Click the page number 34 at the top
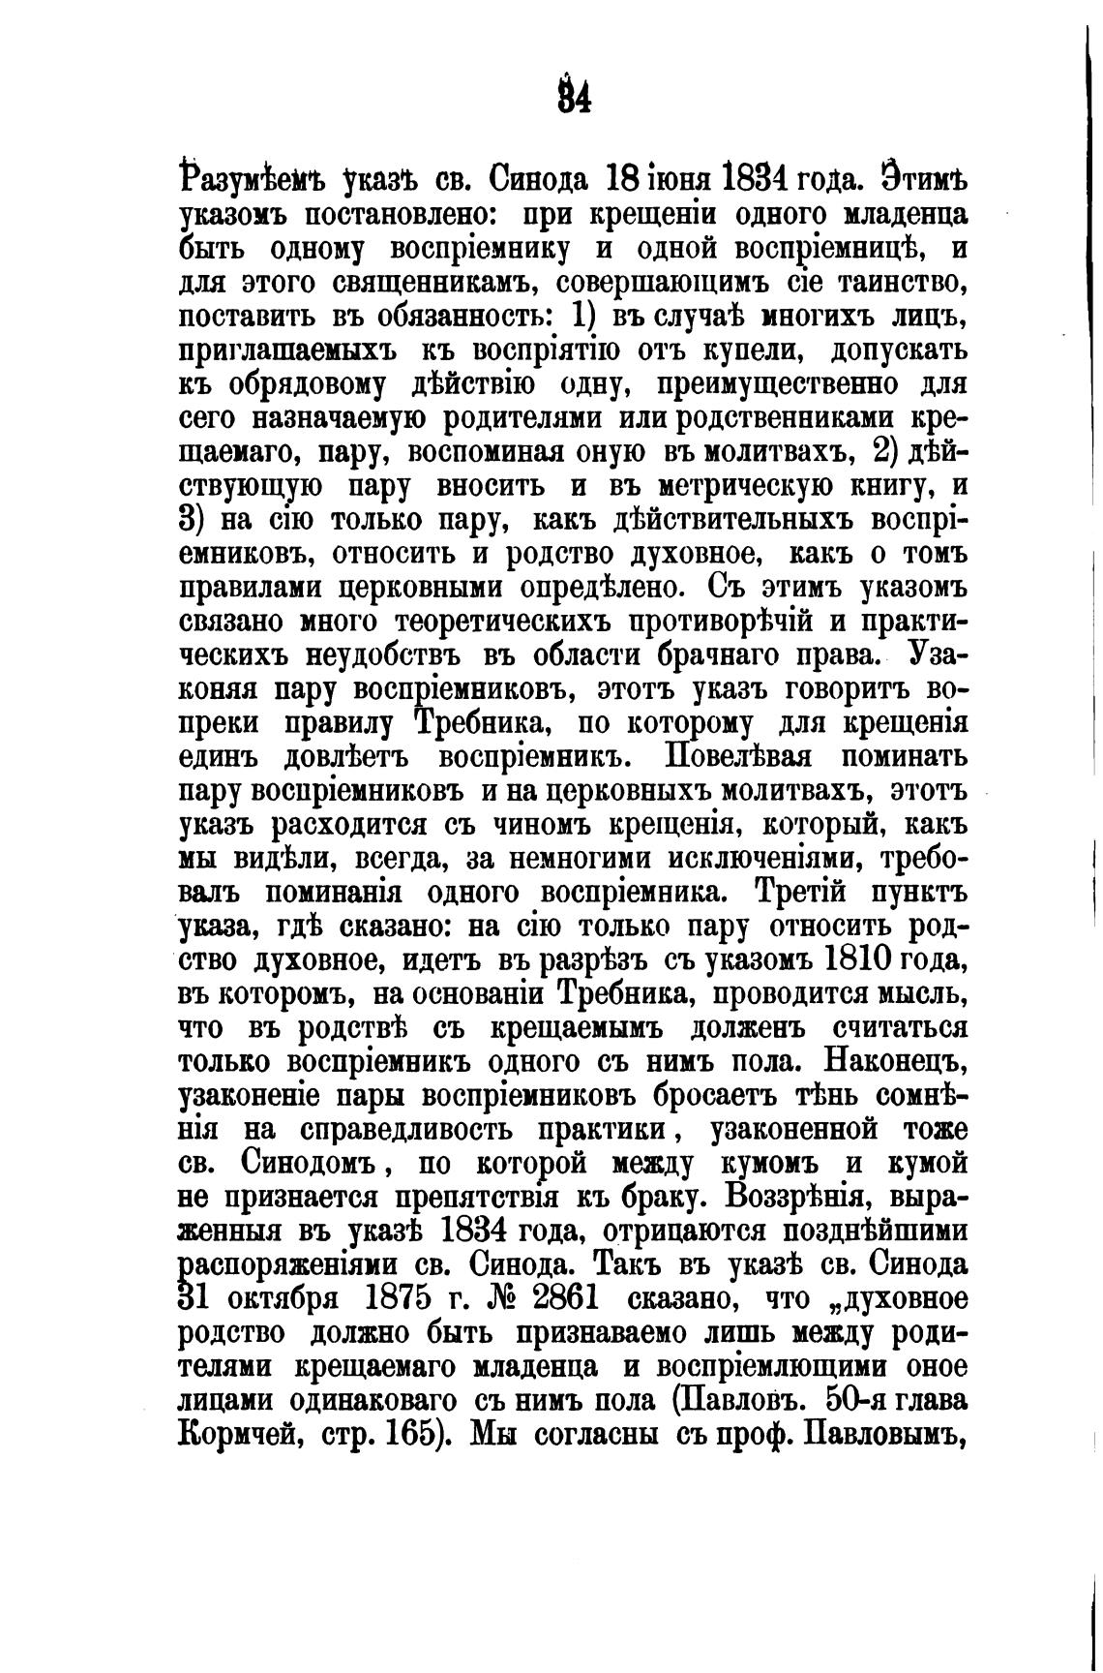click(574, 98)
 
